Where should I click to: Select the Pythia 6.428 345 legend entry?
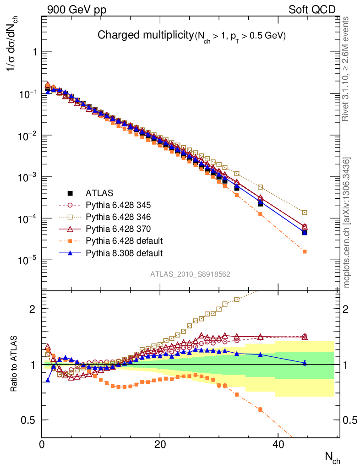pos(118,204)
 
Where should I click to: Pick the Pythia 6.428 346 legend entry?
pos(118,216)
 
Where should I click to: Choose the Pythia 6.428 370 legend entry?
pos(118,228)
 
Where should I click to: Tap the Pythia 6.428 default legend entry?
pos(124,240)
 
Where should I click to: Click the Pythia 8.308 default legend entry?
pos(124,252)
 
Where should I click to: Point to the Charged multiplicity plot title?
pos(191,36)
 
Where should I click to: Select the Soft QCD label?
pos(311,10)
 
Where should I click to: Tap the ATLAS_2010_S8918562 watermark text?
pos(190,274)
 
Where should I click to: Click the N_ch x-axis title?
pos(333,456)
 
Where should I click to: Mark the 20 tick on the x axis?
pos(160,445)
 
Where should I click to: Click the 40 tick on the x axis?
pos(278,445)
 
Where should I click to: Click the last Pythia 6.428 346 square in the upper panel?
pos(305,213)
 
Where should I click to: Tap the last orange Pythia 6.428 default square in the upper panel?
pos(305,251)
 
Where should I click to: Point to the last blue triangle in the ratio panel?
pos(305,363)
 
